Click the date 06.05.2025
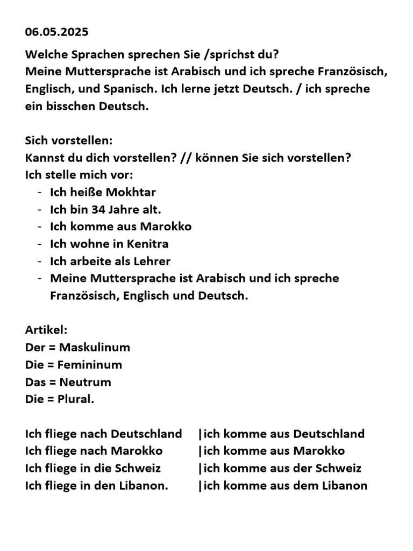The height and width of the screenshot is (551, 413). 56,32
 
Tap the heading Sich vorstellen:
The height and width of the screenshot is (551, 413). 69,141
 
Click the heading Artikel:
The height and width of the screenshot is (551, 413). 46,330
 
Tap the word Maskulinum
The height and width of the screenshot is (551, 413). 95,347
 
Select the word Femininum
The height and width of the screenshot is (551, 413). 90,365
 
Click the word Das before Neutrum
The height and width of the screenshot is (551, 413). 35,382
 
